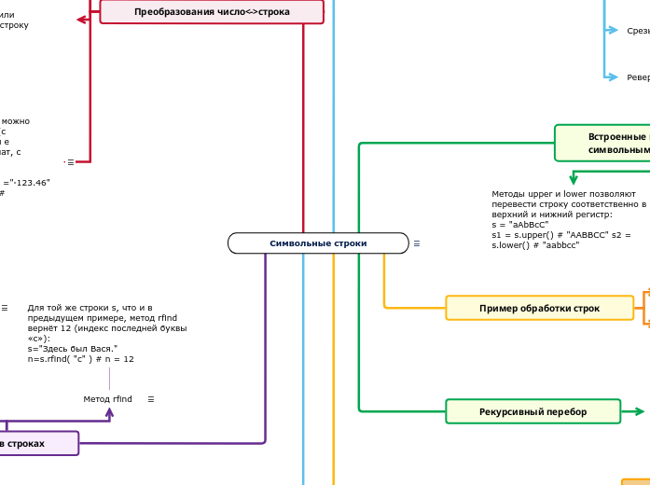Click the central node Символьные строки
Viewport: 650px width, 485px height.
[x=318, y=243]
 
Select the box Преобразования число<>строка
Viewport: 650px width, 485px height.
[x=212, y=12]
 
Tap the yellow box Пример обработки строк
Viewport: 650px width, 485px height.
[x=539, y=308]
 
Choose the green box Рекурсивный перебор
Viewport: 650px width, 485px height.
[x=532, y=411]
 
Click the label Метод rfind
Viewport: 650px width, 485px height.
[x=107, y=399]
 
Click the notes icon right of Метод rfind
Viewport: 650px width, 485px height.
[x=151, y=399]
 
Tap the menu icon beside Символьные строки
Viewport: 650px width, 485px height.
[x=417, y=243]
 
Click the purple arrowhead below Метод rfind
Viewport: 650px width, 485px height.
[x=110, y=412]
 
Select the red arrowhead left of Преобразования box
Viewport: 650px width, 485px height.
[x=82, y=19]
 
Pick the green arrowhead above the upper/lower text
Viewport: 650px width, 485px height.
[x=574, y=180]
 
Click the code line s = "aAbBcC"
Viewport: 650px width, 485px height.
[x=520, y=225]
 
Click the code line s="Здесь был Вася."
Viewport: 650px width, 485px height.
[x=72, y=348]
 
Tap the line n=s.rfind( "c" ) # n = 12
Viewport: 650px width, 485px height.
[x=80, y=359]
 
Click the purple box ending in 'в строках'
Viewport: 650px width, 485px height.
[x=37, y=443]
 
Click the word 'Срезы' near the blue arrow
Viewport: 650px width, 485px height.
[x=638, y=31]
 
